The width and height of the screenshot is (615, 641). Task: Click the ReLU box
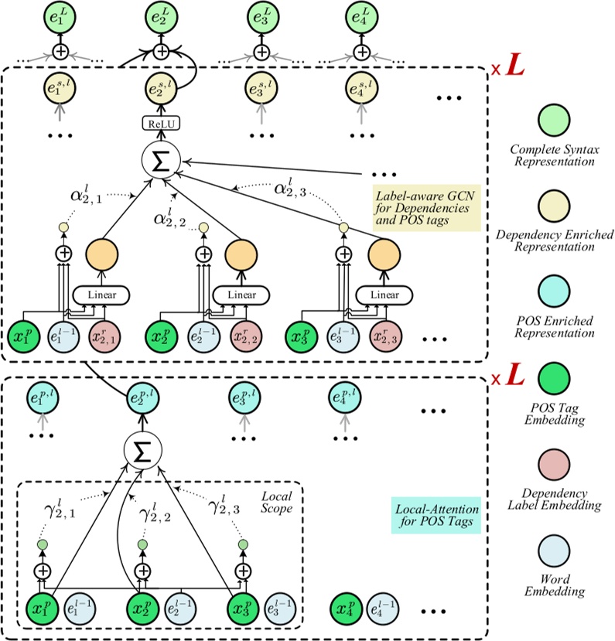(161, 124)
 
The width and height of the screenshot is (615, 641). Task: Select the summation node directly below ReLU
(161, 161)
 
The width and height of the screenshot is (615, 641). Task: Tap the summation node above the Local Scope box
(142, 451)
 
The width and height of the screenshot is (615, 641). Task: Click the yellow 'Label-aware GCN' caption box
(426, 208)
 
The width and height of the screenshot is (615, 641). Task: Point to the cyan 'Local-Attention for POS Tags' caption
(436, 515)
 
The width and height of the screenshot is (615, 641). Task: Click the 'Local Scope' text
(277, 503)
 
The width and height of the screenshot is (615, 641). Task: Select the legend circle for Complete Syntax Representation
(554, 120)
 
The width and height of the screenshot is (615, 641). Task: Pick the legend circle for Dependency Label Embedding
(554, 465)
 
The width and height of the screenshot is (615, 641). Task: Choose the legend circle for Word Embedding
(554, 551)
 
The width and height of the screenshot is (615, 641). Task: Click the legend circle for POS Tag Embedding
(554, 379)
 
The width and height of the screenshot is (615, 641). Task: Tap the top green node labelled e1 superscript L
(60, 18)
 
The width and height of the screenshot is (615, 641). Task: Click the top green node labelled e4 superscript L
(361, 18)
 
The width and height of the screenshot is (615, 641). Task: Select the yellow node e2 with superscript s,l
(161, 88)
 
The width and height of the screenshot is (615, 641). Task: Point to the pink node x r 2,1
(105, 337)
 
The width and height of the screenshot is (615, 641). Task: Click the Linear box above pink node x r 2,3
(384, 295)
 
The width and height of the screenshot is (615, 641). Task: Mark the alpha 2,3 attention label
(290, 188)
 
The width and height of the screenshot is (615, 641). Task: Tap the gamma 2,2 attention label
(155, 513)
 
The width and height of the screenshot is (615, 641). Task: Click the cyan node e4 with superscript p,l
(345, 397)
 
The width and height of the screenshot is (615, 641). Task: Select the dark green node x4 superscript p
(346, 609)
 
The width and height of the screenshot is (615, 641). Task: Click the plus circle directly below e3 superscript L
(261, 52)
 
